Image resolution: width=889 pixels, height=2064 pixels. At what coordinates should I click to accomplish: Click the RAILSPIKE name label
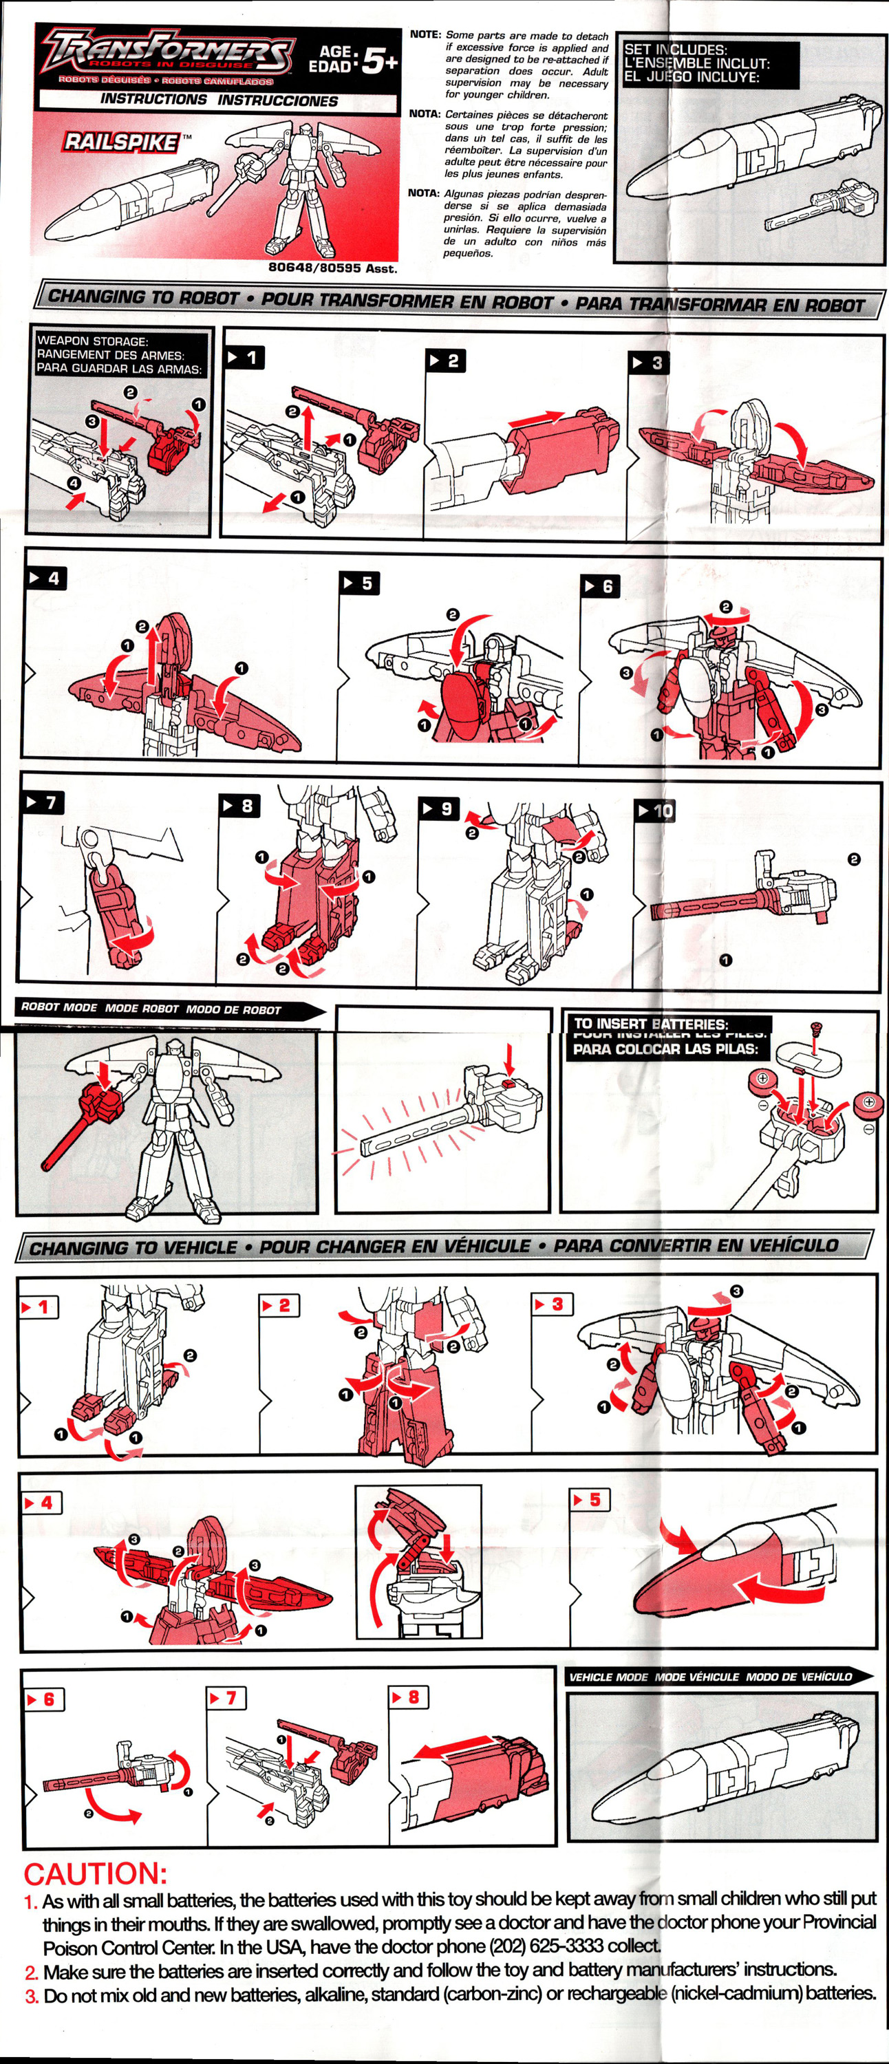click(122, 142)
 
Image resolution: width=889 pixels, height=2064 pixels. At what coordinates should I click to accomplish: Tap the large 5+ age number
click(378, 61)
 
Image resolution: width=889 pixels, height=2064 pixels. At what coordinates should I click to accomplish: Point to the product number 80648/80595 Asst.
click(332, 268)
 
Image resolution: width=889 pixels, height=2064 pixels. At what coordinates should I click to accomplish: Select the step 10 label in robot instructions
click(656, 811)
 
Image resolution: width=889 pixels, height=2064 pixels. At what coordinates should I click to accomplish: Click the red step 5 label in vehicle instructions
click(589, 1500)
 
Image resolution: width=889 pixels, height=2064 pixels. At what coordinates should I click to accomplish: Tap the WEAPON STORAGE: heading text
click(92, 341)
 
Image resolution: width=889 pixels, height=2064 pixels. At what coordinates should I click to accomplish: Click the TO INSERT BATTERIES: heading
click(651, 1024)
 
